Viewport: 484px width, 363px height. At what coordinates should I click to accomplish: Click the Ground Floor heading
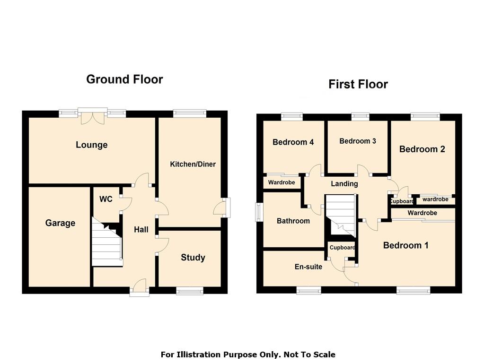click(x=124, y=79)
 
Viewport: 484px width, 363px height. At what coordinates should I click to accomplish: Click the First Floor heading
click(x=358, y=84)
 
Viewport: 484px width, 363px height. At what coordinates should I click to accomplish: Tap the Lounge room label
click(x=92, y=145)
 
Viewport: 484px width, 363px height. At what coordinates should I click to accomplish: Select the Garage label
click(x=60, y=223)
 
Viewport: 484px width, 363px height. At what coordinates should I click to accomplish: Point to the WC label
click(x=106, y=199)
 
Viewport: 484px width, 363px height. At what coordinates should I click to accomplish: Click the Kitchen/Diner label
click(x=193, y=164)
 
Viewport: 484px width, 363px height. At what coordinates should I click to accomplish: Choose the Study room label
click(x=193, y=258)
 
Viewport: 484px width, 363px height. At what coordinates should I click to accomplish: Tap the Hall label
click(x=141, y=229)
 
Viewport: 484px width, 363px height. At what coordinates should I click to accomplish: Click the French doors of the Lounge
click(x=92, y=116)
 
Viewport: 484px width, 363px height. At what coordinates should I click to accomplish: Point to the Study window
click(x=190, y=290)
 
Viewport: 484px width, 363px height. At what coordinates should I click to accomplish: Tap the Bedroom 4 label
click(x=293, y=142)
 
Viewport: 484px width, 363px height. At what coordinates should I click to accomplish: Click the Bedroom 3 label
click(x=358, y=141)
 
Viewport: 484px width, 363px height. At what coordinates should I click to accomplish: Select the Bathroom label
click(x=293, y=221)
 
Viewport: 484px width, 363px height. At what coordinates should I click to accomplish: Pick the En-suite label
click(x=308, y=267)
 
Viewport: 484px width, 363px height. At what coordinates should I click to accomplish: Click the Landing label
click(x=344, y=184)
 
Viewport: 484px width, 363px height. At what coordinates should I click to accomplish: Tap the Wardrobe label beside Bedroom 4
click(x=282, y=182)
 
